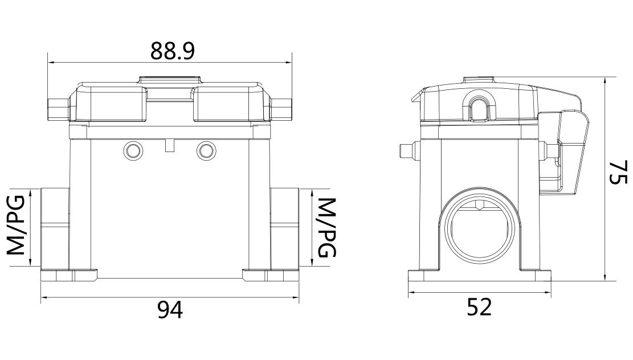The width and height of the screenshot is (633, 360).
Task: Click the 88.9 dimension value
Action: click(173, 51)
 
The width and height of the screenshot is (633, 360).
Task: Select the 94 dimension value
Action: click(170, 310)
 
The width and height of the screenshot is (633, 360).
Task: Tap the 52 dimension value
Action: click(479, 308)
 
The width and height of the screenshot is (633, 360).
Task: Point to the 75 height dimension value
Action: click(618, 173)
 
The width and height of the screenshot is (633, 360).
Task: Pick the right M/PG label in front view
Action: click(325, 227)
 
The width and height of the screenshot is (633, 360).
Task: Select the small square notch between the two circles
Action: click(169, 146)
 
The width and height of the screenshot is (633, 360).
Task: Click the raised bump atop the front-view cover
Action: click(169, 80)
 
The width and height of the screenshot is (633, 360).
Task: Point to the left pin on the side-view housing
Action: click(406, 151)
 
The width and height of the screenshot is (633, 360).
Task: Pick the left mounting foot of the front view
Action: click(70, 276)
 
